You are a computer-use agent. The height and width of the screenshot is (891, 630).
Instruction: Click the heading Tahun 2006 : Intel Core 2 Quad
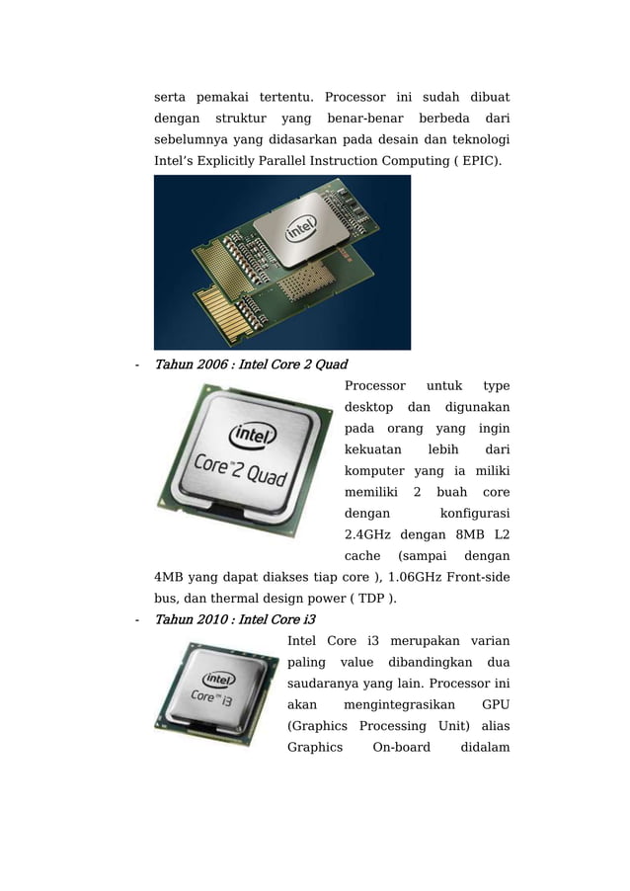click(246, 365)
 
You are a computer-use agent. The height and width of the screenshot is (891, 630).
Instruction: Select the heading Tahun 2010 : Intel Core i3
click(229, 620)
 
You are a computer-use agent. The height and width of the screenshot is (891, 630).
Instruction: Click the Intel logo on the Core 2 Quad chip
click(253, 436)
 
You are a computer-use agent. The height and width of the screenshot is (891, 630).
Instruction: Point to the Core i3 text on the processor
click(213, 698)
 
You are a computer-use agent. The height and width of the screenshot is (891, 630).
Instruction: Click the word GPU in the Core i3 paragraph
click(496, 705)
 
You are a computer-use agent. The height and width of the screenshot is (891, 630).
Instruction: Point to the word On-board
click(401, 747)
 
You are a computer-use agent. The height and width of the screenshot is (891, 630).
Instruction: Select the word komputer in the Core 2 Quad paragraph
click(374, 471)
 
